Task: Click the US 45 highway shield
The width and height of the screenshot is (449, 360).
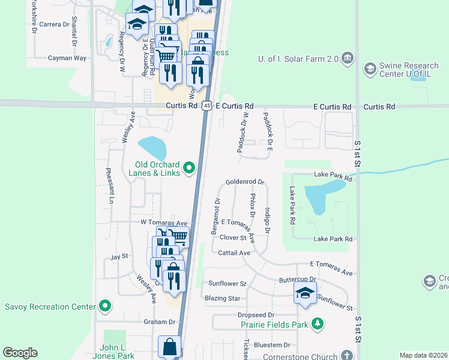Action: [x=206, y=106]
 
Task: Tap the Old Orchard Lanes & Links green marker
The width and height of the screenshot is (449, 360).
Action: [x=190, y=167]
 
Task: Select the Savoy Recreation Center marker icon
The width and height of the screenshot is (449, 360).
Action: [x=105, y=307]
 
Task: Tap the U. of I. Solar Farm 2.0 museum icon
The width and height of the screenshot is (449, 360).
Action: [x=347, y=58]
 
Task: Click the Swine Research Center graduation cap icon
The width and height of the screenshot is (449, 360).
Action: [x=370, y=70]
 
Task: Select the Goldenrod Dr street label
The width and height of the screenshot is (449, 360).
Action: [x=245, y=182]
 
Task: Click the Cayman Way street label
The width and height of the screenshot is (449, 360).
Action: [x=68, y=58]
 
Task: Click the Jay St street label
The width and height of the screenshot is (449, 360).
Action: [x=119, y=257]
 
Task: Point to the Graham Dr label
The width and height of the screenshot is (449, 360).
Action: [x=158, y=322]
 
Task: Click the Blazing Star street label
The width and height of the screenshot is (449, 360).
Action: [x=222, y=298]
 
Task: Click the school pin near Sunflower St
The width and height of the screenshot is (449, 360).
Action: [x=304, y=293]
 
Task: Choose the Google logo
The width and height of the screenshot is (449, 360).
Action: [x=20, y=353]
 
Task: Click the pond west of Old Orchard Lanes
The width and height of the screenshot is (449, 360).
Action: [x=152, y=147]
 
